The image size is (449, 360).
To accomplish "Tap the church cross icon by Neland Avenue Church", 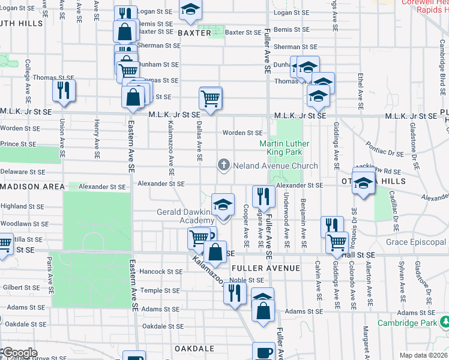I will coord(224,165).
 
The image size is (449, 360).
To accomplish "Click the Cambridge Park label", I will coord(407,323).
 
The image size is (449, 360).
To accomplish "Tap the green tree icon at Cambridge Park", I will coord(444,323).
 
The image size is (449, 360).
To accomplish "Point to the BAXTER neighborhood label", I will coord(194,33).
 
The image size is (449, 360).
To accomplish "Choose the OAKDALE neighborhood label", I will coord(194,349).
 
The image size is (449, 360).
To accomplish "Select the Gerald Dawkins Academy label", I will coord(185,216).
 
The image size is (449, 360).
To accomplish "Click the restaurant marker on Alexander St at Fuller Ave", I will coord(264,195).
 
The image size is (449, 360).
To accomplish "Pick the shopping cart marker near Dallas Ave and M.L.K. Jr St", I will coord(211,97).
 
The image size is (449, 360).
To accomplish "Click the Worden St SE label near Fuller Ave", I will coord(242,133).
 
